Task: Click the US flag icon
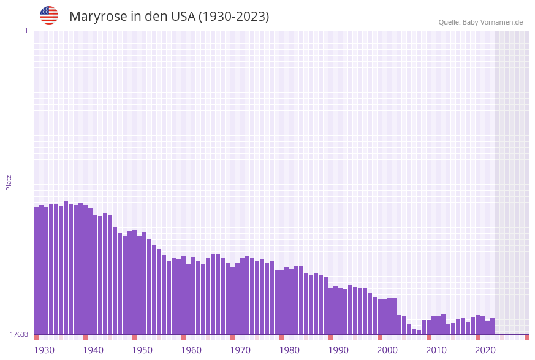coord(49,15)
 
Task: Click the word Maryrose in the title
coord(98,17)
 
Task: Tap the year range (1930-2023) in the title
coord(233,17)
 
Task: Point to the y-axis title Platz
coord(9,182)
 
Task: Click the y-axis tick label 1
coord(26,31)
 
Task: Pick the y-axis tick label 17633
coord(19,334)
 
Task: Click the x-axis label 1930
coord(44,350)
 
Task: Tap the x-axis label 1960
coord(191,350)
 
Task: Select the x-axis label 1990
coord(338,350)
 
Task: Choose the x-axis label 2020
coord(485,350)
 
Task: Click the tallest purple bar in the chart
coord(66,267)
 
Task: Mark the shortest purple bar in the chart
coord(419,332)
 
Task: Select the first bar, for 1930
coord(37,270)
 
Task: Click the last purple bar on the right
coord(492,326)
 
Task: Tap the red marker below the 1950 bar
coord(135,337)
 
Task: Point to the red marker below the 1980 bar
coord(282,337)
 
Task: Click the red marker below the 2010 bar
coord(429,337)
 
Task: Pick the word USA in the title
coord(183,17)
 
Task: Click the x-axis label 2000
coord(387,350)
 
